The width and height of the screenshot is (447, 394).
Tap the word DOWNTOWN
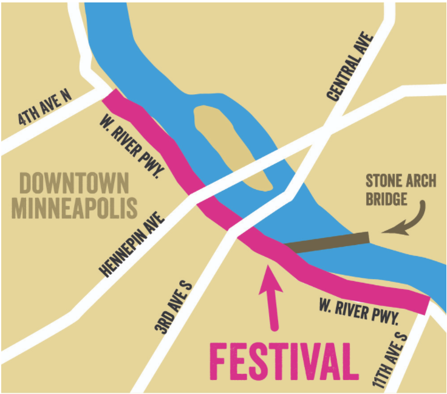click(x=74, y=183)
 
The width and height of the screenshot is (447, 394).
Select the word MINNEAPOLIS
click(x=74, y=208)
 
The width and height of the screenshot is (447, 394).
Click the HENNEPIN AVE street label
click(x=134, y=243)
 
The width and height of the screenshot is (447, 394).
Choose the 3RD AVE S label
click(x=174, y=305)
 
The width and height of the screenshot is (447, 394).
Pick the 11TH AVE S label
click(x=389, y=353)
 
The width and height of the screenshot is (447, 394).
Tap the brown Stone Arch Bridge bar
click(x=328, y=242)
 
